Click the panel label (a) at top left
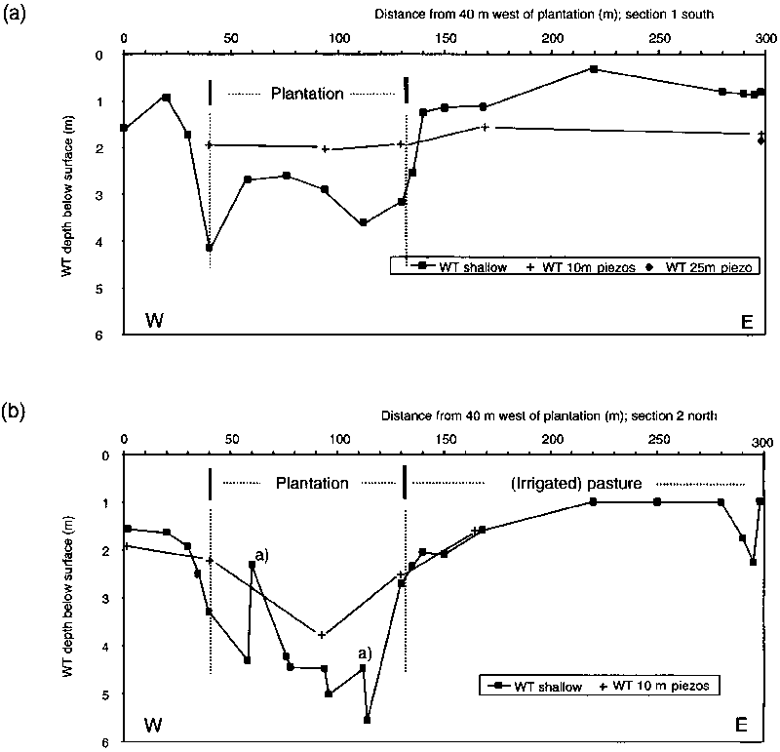(x=14, y=17)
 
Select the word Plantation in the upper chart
(x=307, y=95)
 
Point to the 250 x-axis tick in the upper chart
(x=658, y=38)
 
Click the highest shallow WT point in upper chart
(x=593, y=69)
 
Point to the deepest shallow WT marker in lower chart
(x=367, y=720)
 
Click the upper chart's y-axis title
(x=68, y=195)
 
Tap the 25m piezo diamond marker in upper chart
(x=760, y=141)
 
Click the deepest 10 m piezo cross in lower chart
(x=321, y=635)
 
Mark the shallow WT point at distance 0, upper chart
(x=124, y=128)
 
